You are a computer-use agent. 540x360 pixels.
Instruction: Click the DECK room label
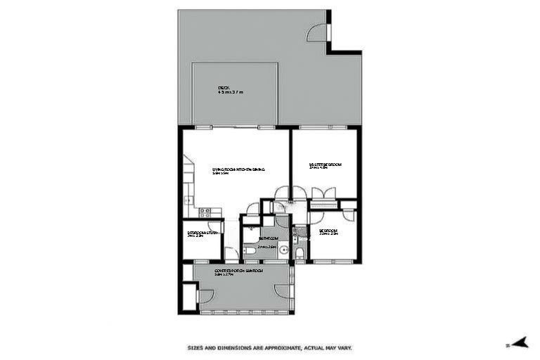point(224,88)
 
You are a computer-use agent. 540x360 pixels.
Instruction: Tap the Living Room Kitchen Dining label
point(238,169)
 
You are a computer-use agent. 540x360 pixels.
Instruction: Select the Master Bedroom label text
point(325,165)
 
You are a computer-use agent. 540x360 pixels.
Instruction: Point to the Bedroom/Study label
point(202,232)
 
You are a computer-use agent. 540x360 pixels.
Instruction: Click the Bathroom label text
point(267,239)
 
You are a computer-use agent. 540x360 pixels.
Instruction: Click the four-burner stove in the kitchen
point(205,211)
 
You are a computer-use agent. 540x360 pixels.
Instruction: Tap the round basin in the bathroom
point(283,250)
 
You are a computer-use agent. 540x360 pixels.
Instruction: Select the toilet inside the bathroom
point(250,252)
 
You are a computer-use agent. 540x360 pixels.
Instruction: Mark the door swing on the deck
point(317,32)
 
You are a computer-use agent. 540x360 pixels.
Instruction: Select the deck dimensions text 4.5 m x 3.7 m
point(230,93)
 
